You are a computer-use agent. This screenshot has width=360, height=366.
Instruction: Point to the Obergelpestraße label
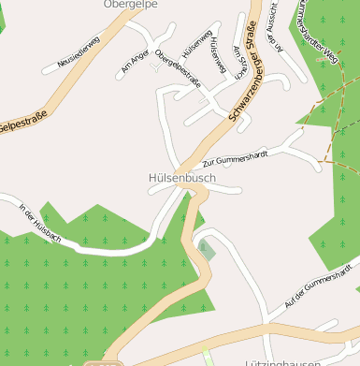point(178,69)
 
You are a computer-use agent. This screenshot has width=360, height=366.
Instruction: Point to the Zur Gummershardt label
point(236,156)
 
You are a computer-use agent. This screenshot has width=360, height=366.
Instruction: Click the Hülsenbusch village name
point(181,177)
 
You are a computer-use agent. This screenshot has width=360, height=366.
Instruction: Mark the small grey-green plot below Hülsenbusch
point(206,250)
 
